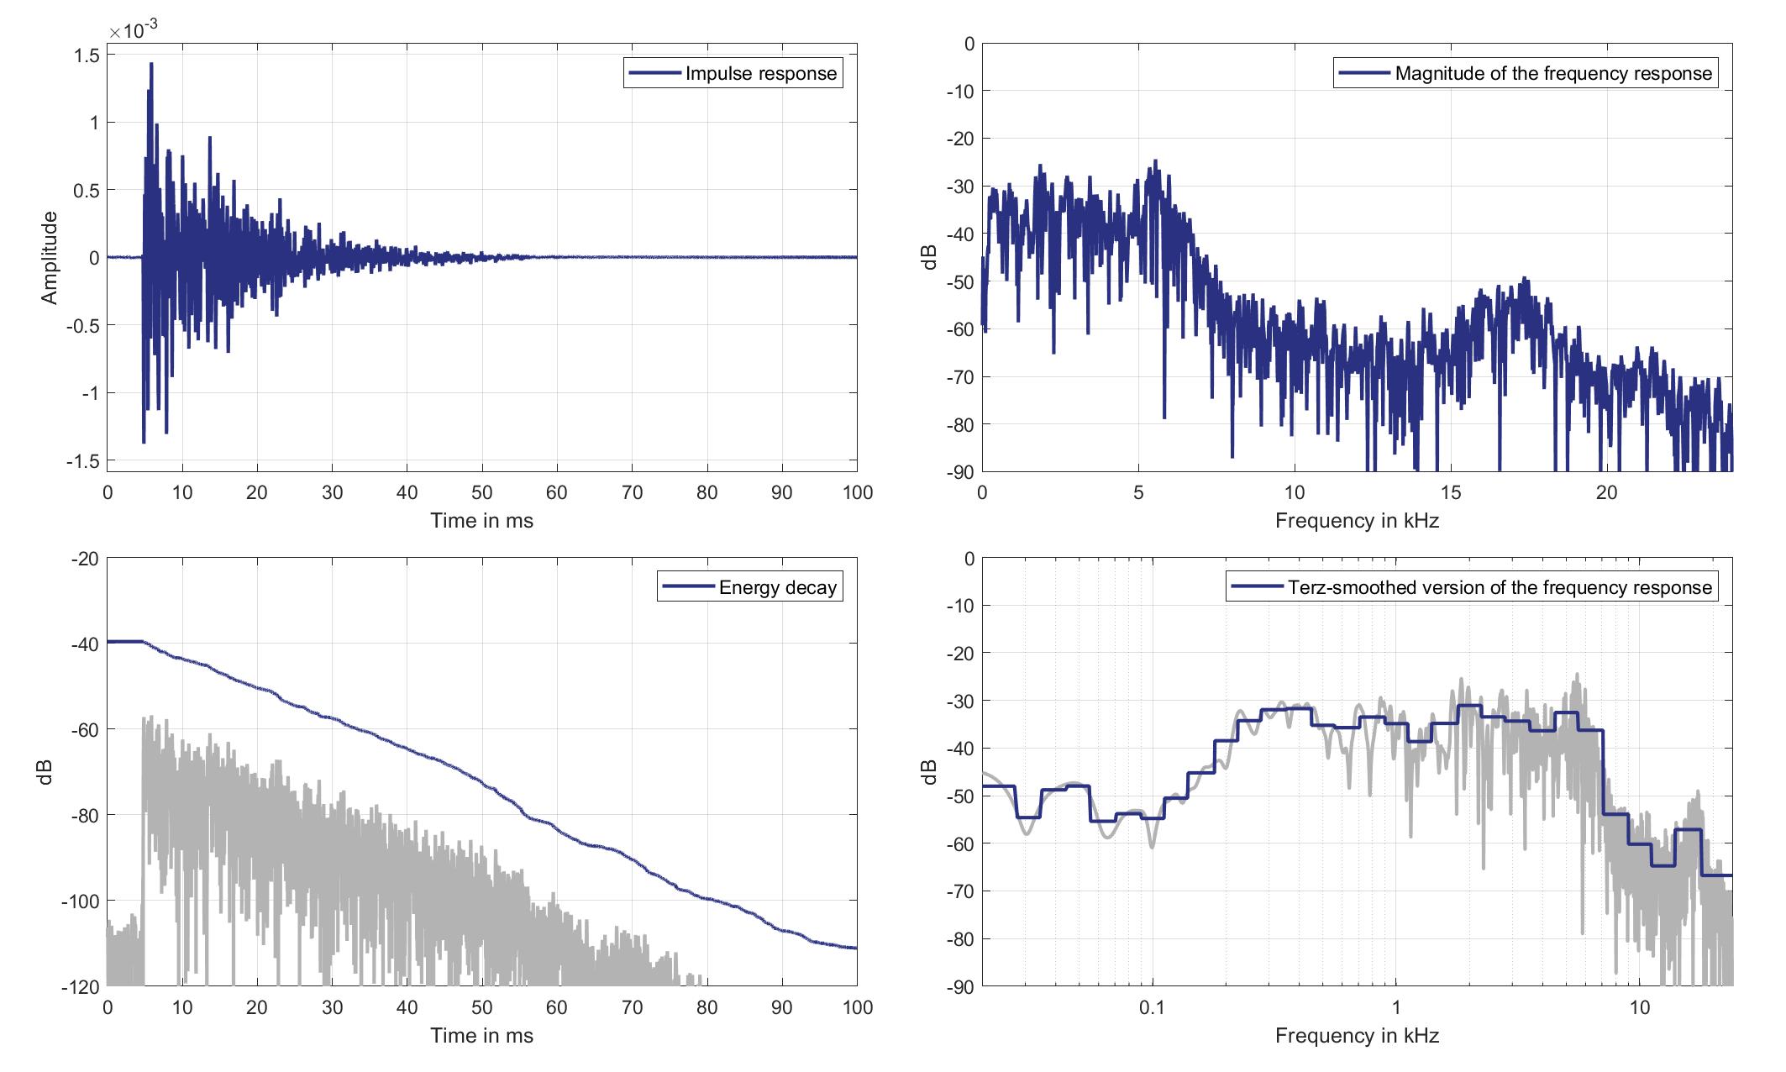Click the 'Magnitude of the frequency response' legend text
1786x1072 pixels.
pos(1552,73)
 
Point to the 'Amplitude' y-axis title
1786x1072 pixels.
pos(50,257)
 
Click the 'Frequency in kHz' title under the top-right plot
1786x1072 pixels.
pos(1357,521)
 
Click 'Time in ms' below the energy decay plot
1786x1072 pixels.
pos(481,1036)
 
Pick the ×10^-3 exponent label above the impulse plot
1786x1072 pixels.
pos(133,31)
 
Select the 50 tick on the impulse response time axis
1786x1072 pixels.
pos(482,493)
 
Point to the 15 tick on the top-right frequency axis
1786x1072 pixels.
pos(1451,493)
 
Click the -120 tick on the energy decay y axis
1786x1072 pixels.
pos(80,987)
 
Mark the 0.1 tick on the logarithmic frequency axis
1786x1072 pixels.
pos(1152,1007)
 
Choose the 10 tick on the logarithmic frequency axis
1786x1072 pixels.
pos(1640,1007)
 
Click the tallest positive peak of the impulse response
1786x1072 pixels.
pos(151,64)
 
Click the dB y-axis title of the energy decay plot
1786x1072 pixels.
pos(45,772)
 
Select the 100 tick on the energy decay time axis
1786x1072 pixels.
pos(857,1007)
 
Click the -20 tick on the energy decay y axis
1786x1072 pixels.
pos(85,559)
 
